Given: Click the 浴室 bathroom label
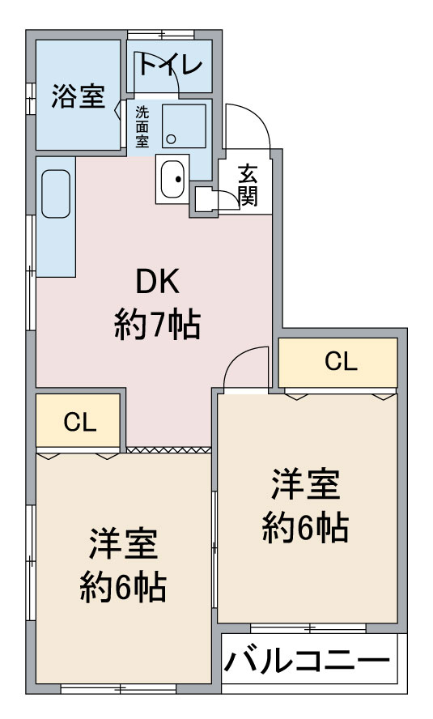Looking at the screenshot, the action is coord(79,96).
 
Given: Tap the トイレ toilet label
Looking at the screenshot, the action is coord(170,64).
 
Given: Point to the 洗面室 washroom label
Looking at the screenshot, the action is coord(142,126).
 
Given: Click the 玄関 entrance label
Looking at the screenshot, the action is coord(248,185).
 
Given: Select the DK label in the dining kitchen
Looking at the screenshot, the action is coord(158,282).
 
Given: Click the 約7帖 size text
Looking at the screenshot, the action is coord(157,325).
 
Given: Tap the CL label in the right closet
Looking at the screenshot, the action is coord(341,361).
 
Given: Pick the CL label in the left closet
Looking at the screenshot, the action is coord(80,422).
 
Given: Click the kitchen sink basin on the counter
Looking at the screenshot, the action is coord(56,194).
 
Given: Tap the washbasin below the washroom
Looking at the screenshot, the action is coord(172,179).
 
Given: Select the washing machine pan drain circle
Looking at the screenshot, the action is coord(171,139).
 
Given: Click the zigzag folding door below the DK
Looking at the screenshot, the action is coord(168,450).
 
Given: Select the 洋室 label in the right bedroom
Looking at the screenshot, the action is coord(306,483).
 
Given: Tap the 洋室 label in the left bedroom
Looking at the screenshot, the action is coord(123,544).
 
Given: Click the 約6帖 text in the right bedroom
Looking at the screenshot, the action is coord(305,527).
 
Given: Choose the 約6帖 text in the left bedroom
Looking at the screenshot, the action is coord(123,587).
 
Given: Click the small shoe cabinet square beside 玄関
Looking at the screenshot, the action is coord(204,199).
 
